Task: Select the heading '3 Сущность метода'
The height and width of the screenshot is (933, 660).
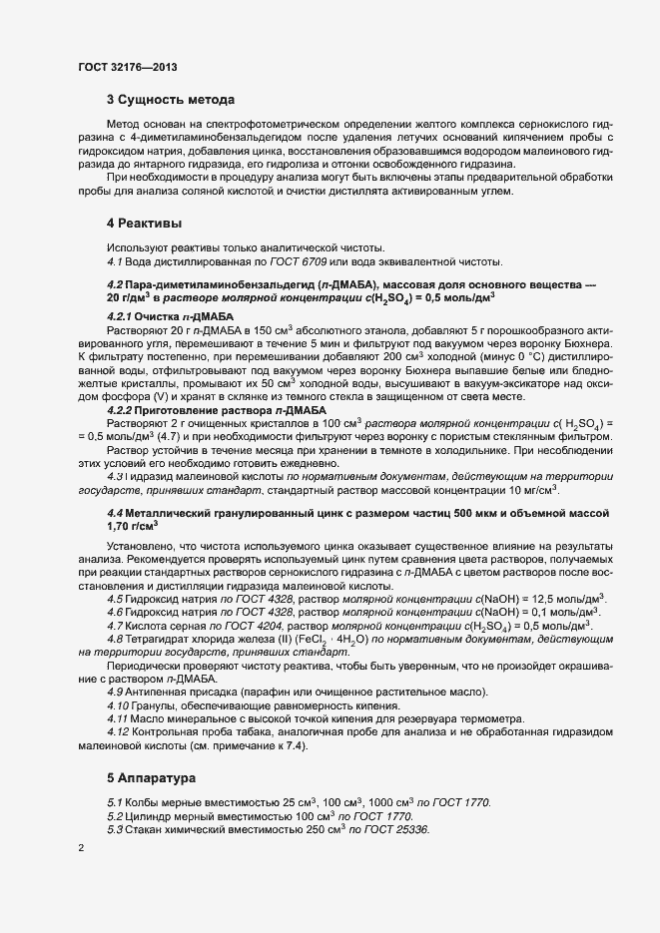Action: pos(171,100)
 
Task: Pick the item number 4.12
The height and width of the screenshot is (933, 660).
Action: pos(118,733)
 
